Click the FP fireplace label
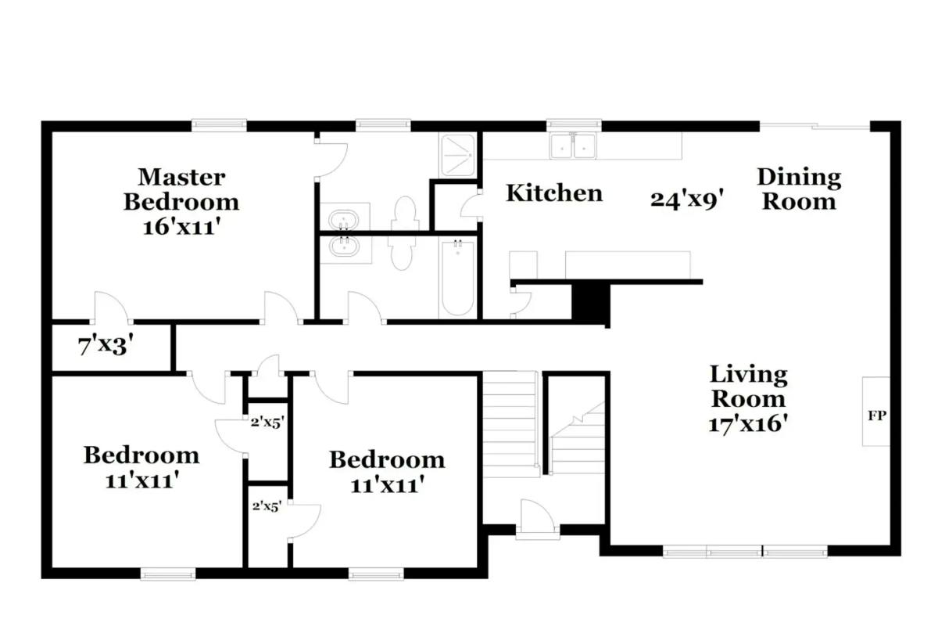876,416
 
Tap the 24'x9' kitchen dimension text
687,199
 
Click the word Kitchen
554,192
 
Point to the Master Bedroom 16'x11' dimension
181,228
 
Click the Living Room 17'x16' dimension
748,423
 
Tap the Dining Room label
799,189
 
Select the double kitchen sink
573,146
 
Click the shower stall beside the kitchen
458,155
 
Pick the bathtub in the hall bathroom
458,278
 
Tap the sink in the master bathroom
343,219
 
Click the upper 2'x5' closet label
267,423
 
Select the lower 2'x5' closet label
267,506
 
